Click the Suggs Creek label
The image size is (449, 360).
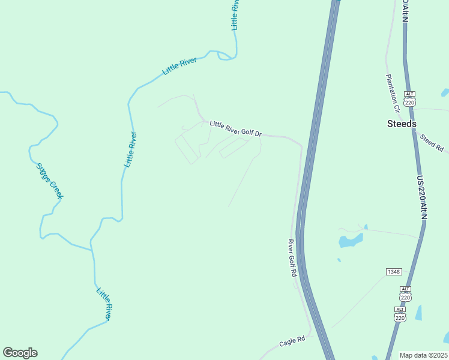click(49, 181)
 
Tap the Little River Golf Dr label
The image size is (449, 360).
click(236, 128)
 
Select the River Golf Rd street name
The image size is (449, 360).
click(292, 258)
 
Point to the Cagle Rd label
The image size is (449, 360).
click(292, 343)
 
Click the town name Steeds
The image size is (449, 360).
click(401, 124)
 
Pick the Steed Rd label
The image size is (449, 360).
click(431, 142)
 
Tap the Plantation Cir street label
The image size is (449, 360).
click(392, 93)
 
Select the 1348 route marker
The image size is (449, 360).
click(394, 272)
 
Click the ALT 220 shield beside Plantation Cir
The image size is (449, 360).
click(409, 99)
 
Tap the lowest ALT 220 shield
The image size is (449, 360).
click(400, 314)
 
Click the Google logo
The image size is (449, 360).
click(20, 353)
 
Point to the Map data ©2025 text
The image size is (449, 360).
click(424, 355)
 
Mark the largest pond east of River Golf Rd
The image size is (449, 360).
click(350, 241)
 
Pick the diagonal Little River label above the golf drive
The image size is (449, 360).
click(179, 66)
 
